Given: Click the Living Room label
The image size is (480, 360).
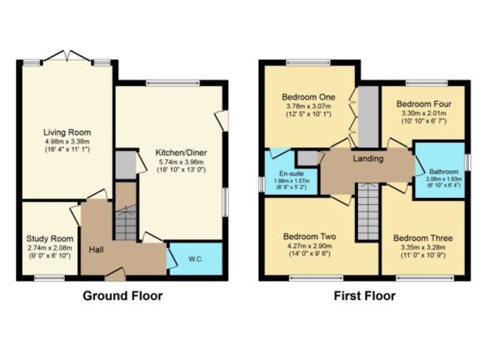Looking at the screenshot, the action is (67, 133).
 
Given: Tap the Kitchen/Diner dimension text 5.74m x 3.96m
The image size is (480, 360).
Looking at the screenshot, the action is (181, 162).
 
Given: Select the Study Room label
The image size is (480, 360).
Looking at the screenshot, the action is (50, 239).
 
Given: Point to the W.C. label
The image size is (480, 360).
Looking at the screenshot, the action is (196, 259).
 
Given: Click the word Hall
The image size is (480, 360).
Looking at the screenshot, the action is (96, 250).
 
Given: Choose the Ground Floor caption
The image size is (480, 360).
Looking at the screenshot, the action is (123, 296).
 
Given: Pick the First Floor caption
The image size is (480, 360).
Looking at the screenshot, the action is (365, 296).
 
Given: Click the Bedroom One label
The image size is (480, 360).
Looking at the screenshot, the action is (308, 97).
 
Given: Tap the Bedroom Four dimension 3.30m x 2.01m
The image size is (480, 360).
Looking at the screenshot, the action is (424, 113).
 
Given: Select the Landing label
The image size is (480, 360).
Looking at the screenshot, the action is (368, 158).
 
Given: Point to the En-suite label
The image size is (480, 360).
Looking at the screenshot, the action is (292, 173).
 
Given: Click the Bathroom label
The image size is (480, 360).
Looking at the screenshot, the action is (443, 172).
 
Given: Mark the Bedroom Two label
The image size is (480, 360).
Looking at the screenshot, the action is (310, 236).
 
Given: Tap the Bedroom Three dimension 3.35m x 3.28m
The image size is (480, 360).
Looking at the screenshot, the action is (423, 247).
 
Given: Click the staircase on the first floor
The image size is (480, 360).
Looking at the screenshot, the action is (368, 212).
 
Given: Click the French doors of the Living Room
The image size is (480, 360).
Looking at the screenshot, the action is (67, 56).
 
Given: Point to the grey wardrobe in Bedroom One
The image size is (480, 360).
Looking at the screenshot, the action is (368, 116).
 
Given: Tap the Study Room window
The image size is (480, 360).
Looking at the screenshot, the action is (49, 278).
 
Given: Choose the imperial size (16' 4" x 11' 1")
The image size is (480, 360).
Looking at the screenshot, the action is (67, 149).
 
